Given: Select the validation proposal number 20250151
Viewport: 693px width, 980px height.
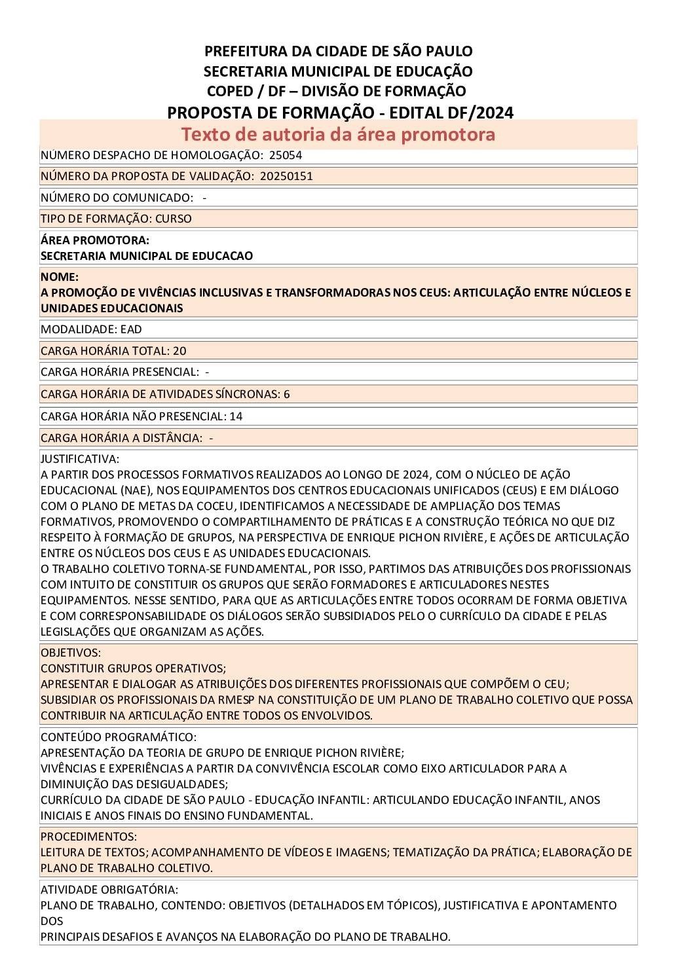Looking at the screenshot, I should [286, 176].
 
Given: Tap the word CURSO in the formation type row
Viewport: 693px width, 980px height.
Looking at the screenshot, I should [174, 219].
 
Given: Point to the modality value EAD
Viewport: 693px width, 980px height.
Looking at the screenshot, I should [131, 329].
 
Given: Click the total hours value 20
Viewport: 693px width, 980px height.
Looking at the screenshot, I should [179, 351].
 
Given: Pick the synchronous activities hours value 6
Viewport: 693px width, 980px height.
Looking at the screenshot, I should [287, 394].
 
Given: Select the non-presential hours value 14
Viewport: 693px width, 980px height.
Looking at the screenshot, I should [236, 416].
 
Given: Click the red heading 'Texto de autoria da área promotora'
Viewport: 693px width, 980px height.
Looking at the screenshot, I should [338, 134].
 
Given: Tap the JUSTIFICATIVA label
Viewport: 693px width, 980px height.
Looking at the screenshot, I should [80, 459].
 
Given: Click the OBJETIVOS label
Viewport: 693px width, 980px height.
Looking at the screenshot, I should [71, 653].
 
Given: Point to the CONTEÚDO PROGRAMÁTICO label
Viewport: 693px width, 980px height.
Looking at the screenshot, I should [118, 737].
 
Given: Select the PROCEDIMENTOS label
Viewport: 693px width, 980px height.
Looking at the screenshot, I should [88, 837].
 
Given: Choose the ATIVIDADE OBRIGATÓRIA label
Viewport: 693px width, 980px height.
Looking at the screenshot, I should [109, 890].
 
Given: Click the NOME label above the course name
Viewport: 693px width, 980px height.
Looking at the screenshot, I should [59, 277].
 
